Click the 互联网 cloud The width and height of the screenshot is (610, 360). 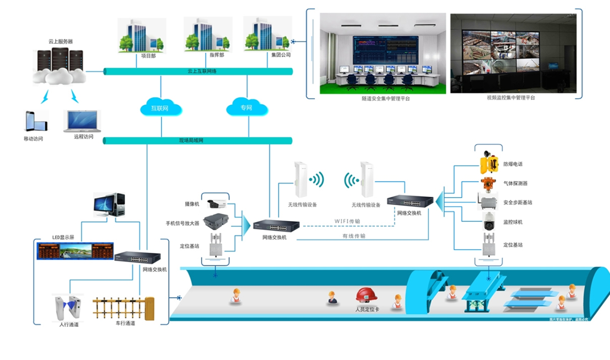161,108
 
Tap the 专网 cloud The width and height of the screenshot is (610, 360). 246,108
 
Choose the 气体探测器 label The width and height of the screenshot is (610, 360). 515,183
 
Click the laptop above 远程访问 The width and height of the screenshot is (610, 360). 82,121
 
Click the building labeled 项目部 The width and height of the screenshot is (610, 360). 142,36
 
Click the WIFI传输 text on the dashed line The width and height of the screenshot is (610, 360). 347,221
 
